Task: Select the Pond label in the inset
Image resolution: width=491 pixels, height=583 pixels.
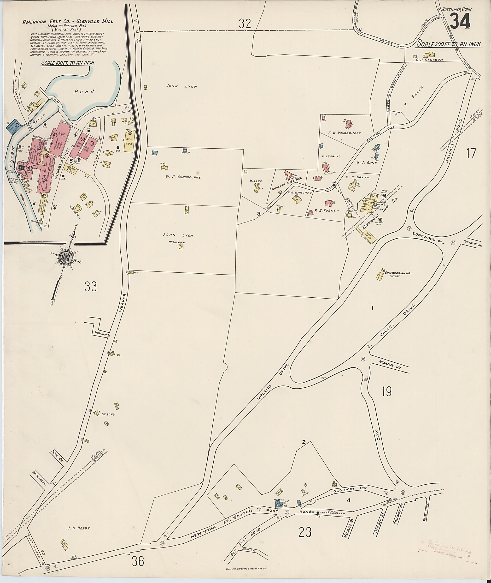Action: tap(85, 91)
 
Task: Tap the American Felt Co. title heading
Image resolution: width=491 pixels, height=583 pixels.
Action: tap(68, 21)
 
